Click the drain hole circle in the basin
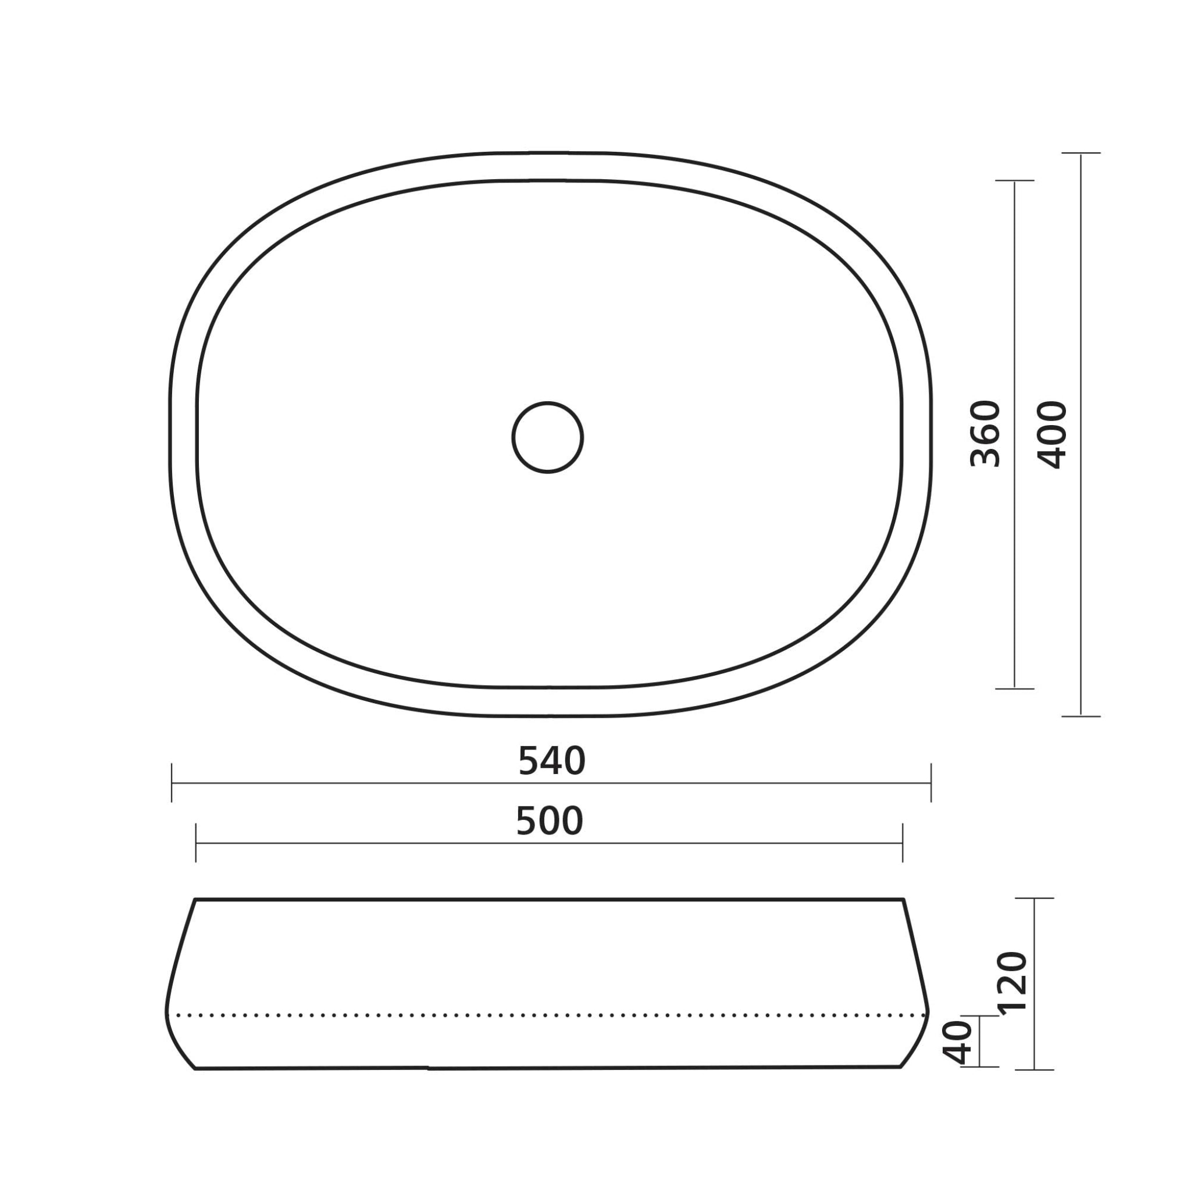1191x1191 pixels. [x=547, y=438]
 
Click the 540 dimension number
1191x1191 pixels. [x=552, y=761]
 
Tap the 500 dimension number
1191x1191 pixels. [x=549, y=821]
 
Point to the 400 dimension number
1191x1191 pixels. [x=1052, y=435]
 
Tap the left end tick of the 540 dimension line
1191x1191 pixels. [x=172, y=783]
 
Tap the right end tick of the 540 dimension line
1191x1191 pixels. [x=931, y=783]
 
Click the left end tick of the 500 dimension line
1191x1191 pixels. [x=195, y=843]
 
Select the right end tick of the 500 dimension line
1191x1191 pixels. [x=903, y=843]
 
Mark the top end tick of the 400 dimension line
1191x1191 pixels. [x=1081, y=153]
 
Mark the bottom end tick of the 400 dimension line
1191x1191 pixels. [x=1081, y=716]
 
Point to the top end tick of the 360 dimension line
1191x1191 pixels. [x=1015, y=181]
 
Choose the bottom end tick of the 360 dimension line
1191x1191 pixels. [x=1015, y=688]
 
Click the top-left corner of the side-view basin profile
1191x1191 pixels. [x=195, y=900]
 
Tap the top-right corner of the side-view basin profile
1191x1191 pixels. [x=903, y=900]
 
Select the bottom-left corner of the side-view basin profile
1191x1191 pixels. [x=195, y=1068]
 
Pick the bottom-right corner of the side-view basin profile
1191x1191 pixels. [x=901, y=1067]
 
